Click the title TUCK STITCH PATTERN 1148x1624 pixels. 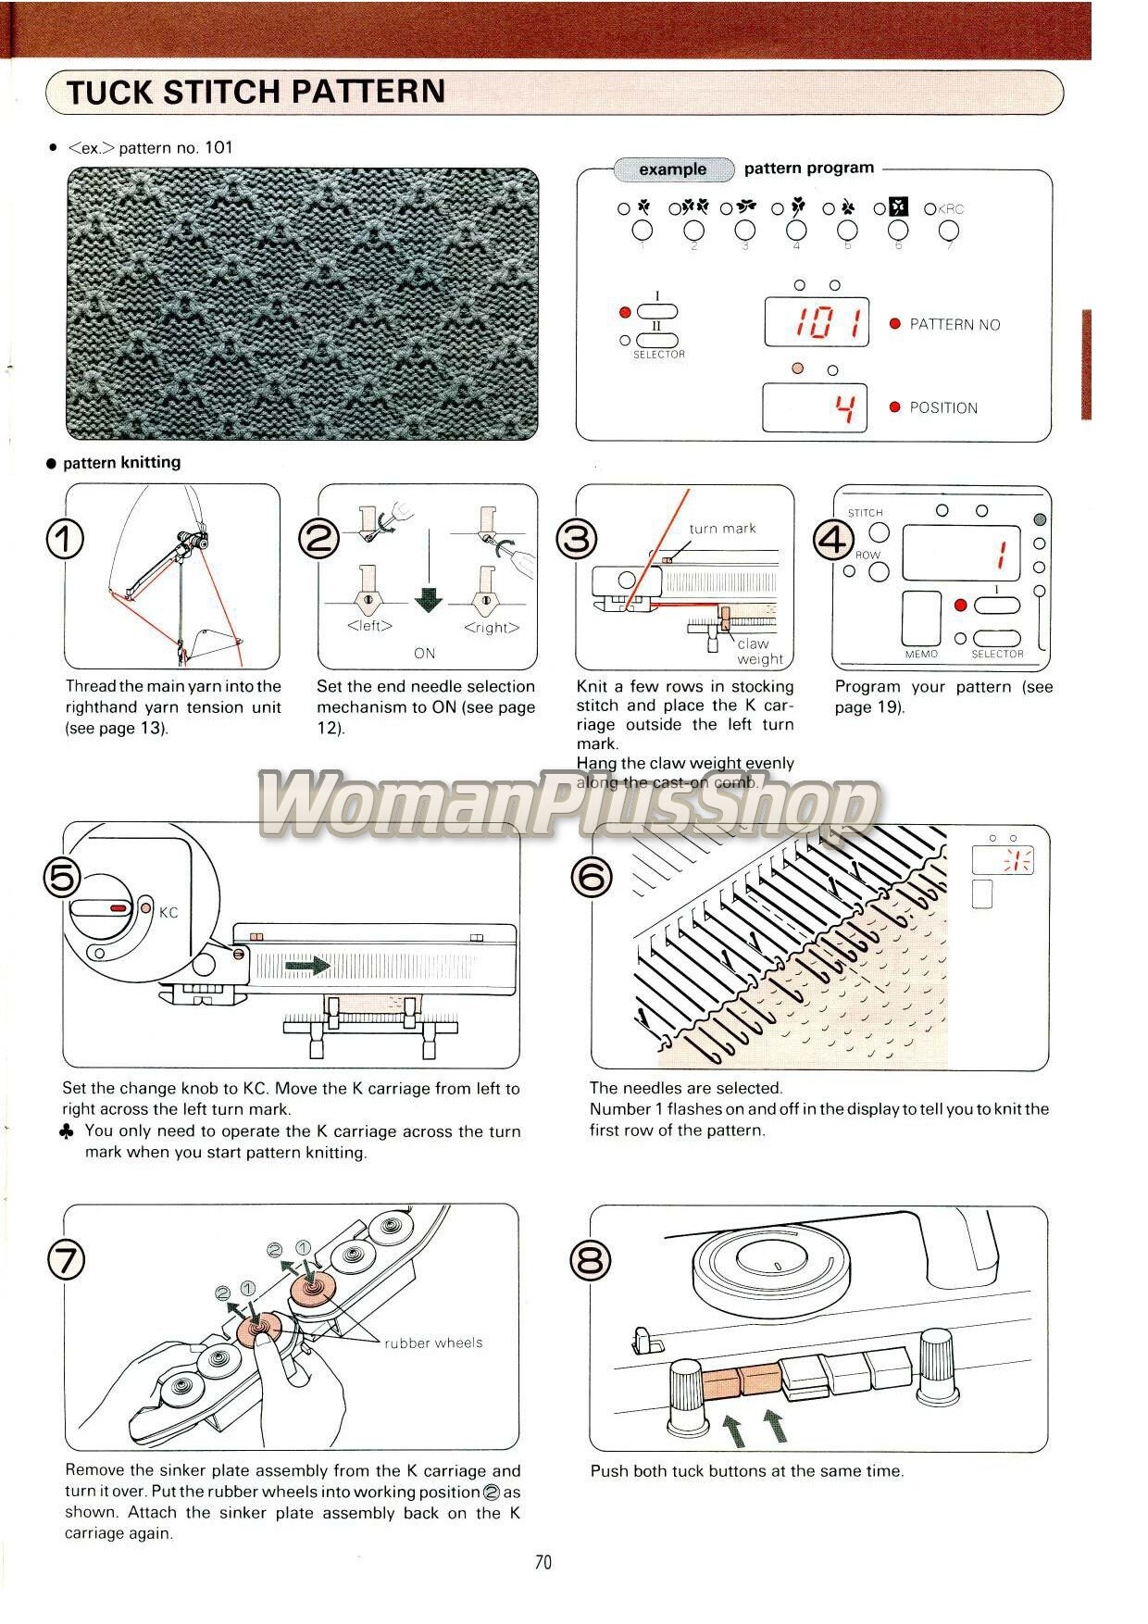pyautogui.click(x=256, y=92)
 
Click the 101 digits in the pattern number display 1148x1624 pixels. pyautogui.click(x=816, y=322)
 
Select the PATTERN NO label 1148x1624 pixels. pyautogui.click(x=955, y=324)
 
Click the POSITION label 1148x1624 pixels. pyautogui.click(x=942, y=407)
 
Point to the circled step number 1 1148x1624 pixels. pyautogui.click(x=65, y=539)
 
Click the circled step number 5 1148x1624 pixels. pyautogui.click(x=62, y=877)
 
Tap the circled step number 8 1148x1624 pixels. pyautogui.click(x=591, y=1260)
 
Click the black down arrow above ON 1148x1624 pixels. pyautogui.click(x=428, y=600)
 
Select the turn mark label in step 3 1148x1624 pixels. pyautogui.click(x=722, y=529)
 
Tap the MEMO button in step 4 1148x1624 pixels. pyautogui.click(x=921, y=618)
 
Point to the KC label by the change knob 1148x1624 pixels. pyautogui.click(x=168, y=912)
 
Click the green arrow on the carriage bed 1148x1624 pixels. pyautogui.click(x=307, y=966)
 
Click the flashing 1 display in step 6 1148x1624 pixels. pyautogui.click(x=1018, y=861)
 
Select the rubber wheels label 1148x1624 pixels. pyautogui.click(x=433, y=1343)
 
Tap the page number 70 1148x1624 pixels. pyautogui.click(x=543, y=1562)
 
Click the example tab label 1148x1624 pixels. pyautogui.click(x=672, y=169)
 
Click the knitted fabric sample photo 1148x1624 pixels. pyautogui.click(x=302, y=303)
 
